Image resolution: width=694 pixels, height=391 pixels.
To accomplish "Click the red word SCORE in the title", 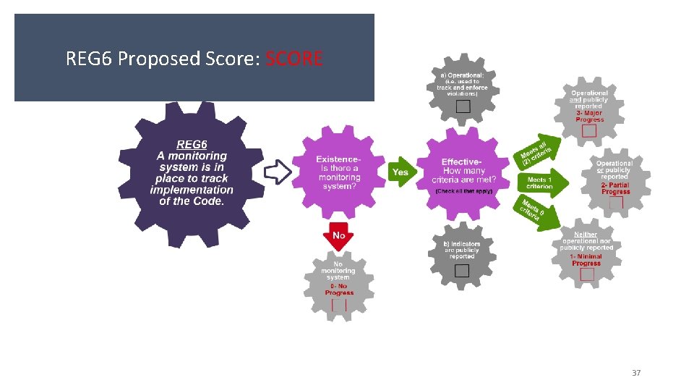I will [294, 58].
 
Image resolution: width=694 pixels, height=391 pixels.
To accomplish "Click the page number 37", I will [636, 373].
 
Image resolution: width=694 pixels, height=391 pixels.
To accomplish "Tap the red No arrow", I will [338, 237].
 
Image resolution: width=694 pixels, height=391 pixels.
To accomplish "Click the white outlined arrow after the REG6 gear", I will [278, 172].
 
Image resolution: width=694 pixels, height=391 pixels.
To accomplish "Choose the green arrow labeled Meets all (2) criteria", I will [537, 149].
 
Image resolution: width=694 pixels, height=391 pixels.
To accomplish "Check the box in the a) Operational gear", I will [463, 106].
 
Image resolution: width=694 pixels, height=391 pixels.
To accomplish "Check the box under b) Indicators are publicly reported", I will [462, 271].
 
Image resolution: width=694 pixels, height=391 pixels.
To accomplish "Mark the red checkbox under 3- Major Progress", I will [589, 132].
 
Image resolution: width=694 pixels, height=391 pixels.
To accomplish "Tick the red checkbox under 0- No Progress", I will [338, 305].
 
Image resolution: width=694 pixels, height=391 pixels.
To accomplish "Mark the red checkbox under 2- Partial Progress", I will [615, 203].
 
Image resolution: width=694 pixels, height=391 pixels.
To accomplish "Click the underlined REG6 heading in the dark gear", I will [192, 144].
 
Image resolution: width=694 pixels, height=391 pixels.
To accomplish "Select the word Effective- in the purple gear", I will [461, 161].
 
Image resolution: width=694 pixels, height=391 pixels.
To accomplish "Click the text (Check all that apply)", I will [463, 191].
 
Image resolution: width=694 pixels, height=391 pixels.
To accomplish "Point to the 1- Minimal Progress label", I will [586, 260].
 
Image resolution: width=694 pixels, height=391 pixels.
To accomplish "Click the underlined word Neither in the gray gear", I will [586, 235].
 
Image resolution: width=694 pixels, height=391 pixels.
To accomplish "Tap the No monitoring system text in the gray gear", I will [338, 271].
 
